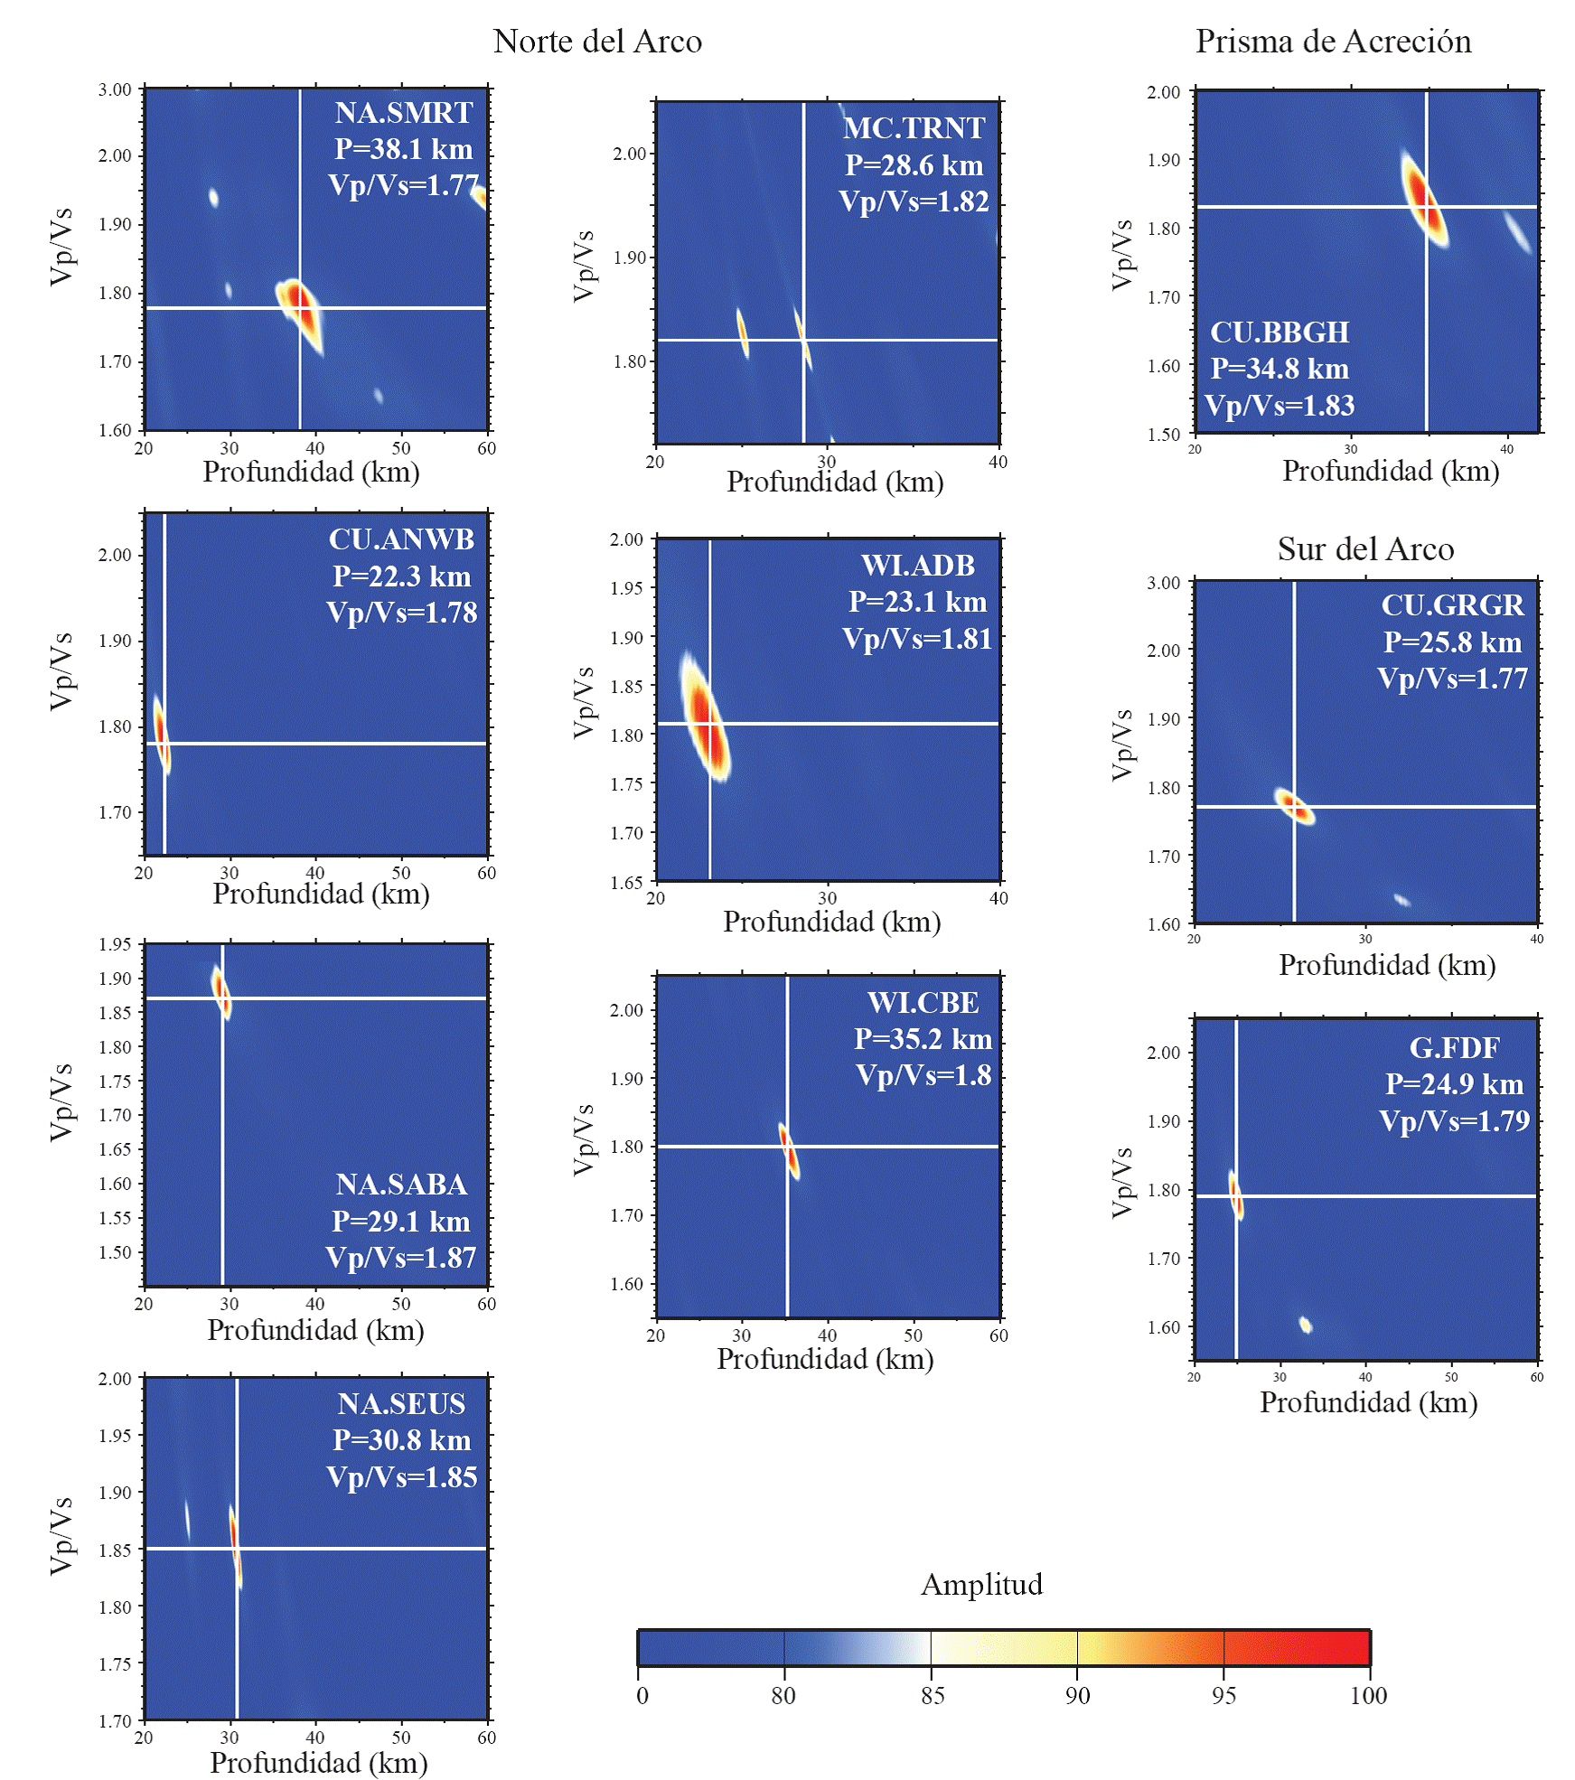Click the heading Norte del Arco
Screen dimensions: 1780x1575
[597, 42]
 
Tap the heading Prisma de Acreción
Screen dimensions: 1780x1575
[1333, 42]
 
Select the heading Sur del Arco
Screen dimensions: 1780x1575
[1365, 549]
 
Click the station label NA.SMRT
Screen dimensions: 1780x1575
[403, 113]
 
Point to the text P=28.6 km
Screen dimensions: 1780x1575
[914, 165]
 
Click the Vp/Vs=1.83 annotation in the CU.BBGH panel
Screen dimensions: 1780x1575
[1280, 406]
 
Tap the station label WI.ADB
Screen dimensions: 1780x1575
[918, 566]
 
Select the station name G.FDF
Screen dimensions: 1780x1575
[1454, 1048]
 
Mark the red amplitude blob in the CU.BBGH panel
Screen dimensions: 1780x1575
[1421, 197]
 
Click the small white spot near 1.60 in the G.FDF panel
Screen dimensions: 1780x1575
[1305, 1325]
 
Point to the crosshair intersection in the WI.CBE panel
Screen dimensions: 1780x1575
[787, 1147]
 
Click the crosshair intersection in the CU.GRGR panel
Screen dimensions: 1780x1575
[1294, 807]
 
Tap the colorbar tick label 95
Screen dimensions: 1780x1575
[1223, 1695]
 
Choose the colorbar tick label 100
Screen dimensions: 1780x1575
[1368, 1695]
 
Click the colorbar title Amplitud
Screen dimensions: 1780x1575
[981, 1584]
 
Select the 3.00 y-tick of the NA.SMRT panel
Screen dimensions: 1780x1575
[115, 89]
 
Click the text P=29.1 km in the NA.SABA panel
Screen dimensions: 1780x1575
[400, 1222]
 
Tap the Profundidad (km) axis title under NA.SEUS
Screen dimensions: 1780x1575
[318, 1763]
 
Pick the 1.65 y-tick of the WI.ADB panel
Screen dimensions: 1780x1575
[626, 882]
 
